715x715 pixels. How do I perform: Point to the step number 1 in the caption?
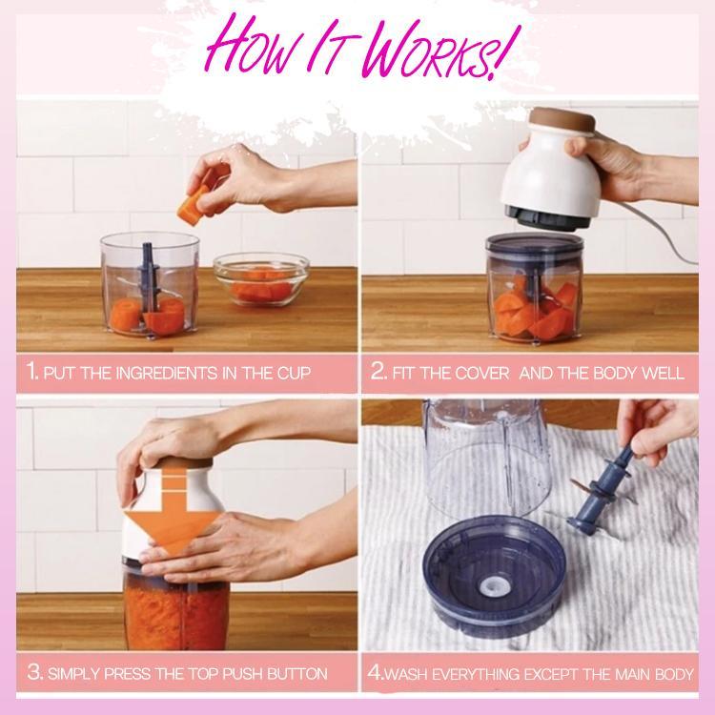pos(34,372)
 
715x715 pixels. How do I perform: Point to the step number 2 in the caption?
pos(378,372)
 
